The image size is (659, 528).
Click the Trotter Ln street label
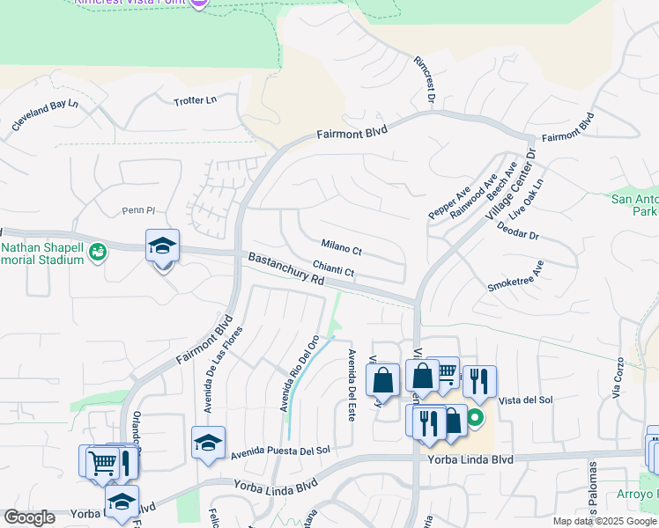(x=195, y=100)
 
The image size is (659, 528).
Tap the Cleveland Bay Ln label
(x=45, y=116)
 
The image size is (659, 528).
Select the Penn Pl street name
(x=137, y=211)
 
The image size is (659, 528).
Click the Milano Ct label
(x=342, y=248)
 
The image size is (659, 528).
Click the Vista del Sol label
(x=525, y=400)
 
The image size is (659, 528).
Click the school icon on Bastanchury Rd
(x=163, y=247)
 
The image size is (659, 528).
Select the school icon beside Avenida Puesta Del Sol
(x=208, y=444)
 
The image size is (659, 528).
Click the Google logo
(x=29, y=518)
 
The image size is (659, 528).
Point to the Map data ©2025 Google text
(x=603, y=521)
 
